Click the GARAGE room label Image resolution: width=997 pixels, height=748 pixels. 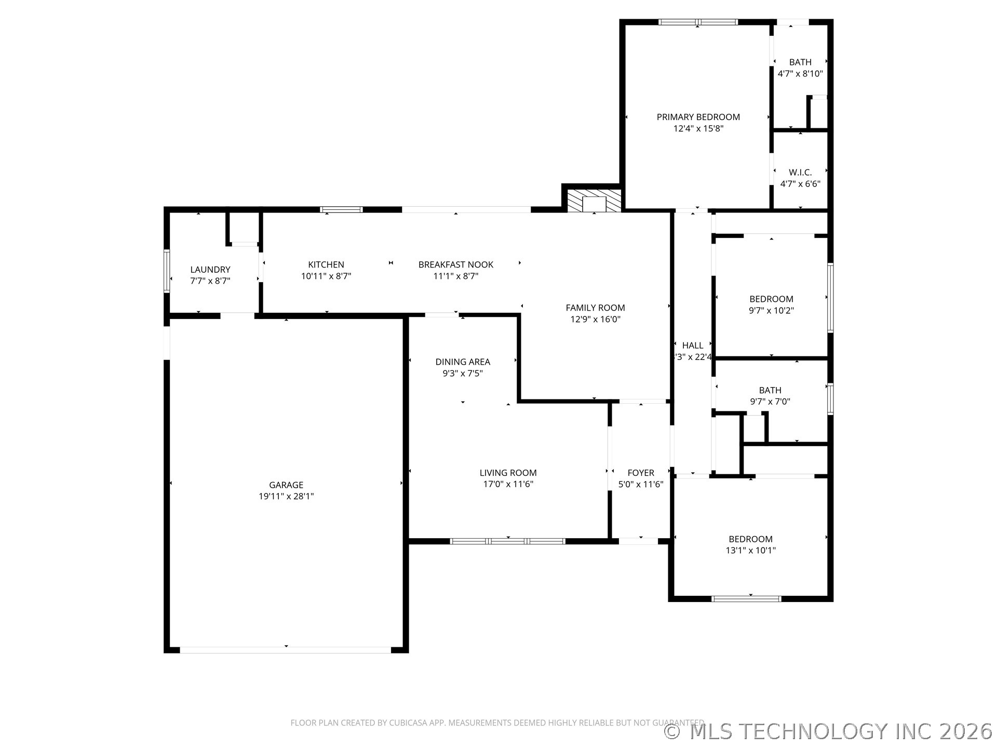[286, 485]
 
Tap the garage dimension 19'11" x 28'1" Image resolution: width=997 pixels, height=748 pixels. [286, 496]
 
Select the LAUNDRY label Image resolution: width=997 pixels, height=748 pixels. [210, 269]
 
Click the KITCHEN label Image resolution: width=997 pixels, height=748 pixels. [326, 264]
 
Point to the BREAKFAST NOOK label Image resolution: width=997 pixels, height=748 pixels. [455, 264]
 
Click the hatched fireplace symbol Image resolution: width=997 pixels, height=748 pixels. [594, 201]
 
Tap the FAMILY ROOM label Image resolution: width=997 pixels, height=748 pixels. [595, 308]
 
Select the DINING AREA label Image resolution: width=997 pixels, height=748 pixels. [462, 362]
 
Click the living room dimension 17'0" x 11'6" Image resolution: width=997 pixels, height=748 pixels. [508, 484]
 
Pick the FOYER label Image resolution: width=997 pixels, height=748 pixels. [640, 473]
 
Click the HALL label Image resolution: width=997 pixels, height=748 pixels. [692, 345]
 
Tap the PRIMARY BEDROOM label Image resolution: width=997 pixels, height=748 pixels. [698, 117]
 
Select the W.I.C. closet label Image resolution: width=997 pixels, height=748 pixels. [800, 172]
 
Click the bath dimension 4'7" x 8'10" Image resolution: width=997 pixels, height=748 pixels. [800, 74]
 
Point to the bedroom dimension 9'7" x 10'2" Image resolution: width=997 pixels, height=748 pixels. [771, 311]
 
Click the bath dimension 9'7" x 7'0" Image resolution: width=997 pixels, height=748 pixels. [770, 402]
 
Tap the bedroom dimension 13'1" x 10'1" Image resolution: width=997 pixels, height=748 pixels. [750, 551]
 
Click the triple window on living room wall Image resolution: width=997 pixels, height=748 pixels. [507, 541]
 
